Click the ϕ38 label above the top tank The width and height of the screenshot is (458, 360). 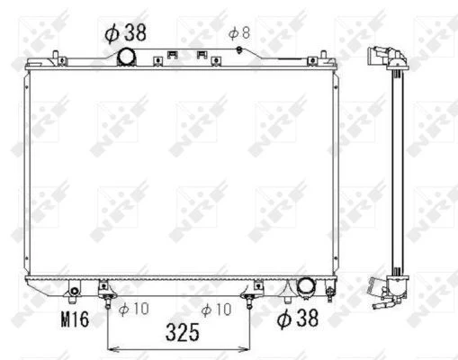(x=125, y=32)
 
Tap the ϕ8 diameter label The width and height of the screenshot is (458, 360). (x=239, y=33)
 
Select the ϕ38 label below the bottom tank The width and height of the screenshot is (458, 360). (x=298, y=318)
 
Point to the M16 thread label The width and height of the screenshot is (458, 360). (x=75, y=319)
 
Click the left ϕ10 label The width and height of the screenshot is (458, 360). (x=134, y=309)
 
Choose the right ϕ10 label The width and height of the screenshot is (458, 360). (x=216, y=310)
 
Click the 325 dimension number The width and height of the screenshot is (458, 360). (x=183, y=332)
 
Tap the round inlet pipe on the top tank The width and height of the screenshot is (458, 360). (x=126, y=57)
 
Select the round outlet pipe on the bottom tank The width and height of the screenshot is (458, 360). (x=307, y=286)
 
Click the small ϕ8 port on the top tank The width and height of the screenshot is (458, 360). (x=239, y=49)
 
